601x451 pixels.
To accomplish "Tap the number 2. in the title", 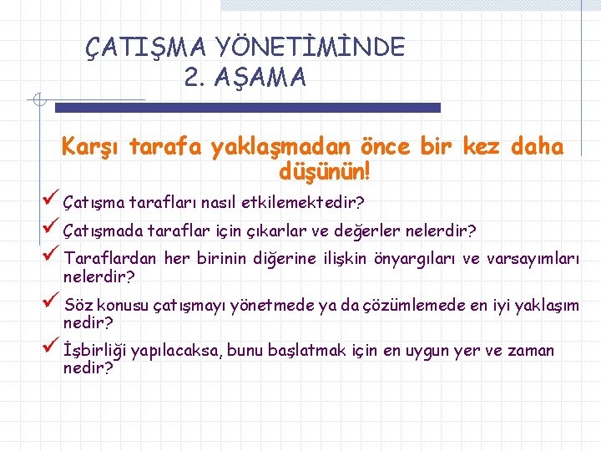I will [x=195, y=78].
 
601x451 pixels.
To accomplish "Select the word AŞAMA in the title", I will [x=260, y=78].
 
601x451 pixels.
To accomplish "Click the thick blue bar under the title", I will [x=247, y=108].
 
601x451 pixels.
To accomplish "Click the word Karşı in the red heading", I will [x=90, y=148].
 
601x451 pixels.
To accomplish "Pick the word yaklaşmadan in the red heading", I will [x=283, y=148].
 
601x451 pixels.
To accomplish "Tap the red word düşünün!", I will [x=325, y=172].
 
